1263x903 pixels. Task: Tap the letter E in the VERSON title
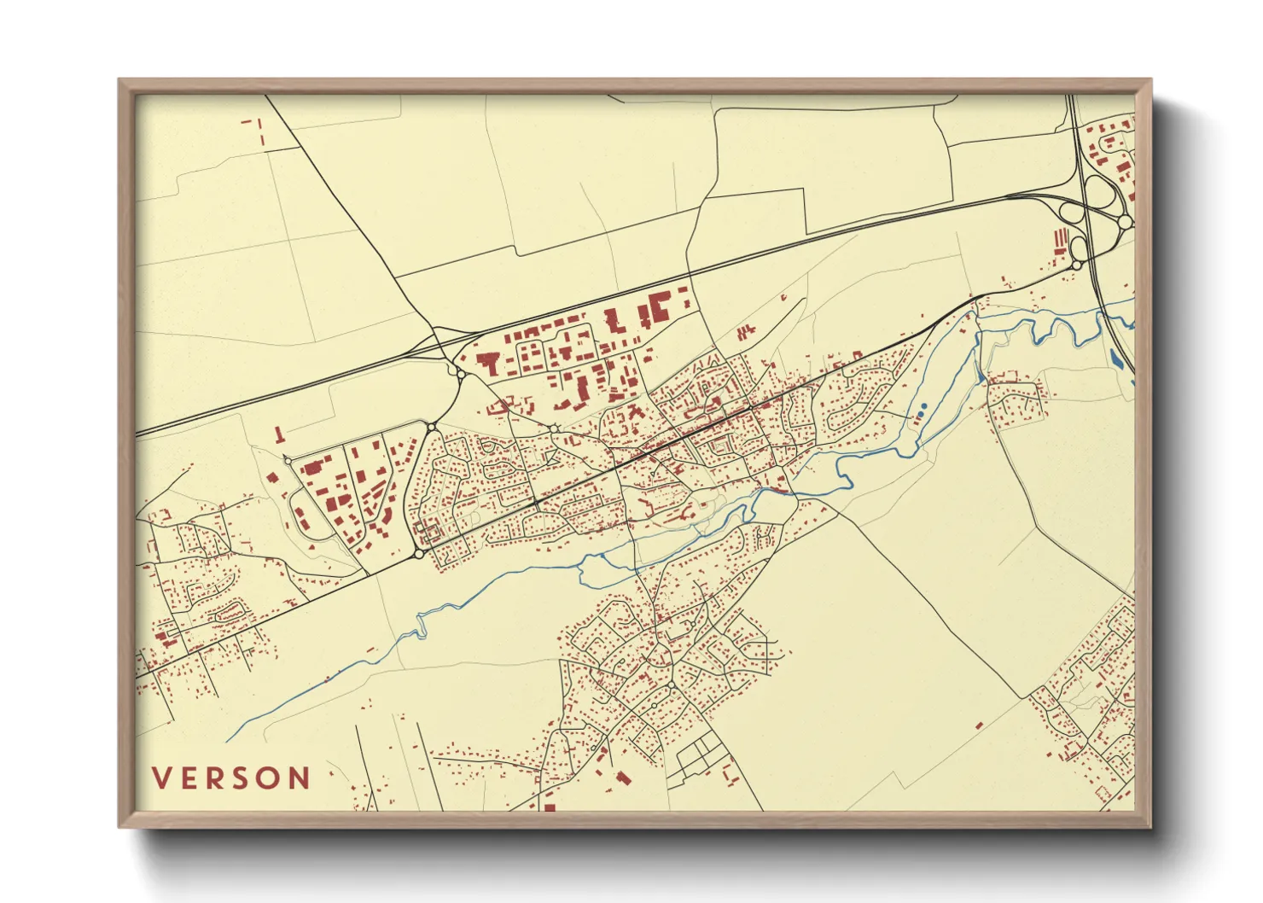190,778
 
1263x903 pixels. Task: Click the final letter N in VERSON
300,778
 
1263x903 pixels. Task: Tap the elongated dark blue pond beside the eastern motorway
1117,358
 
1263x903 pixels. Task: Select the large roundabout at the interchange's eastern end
1125,222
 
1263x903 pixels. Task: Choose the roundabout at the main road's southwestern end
419,554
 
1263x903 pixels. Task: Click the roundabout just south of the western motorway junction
461,373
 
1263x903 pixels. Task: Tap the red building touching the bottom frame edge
550,806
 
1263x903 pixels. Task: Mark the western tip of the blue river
229,739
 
